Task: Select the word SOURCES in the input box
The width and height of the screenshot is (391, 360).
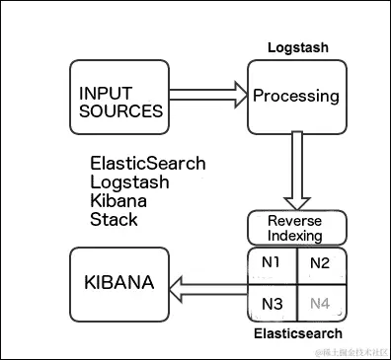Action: tap(120, 110)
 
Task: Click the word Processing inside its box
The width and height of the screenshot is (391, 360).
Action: tap(296, 97)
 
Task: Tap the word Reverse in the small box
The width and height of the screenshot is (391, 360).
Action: tap(296, 221)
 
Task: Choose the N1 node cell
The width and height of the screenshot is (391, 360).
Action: tap(272, 263)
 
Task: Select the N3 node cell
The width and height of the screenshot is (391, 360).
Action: tap(272, 303)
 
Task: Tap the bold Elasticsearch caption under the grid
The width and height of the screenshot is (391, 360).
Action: tap(297, 334)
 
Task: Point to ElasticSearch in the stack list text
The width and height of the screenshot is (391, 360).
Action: tap(147, 164)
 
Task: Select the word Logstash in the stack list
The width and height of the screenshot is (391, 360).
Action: tap(129, 182)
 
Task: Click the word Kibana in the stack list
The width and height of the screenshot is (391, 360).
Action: tap(118, 200)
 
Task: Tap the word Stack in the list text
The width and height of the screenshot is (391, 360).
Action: tap(114, 219)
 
